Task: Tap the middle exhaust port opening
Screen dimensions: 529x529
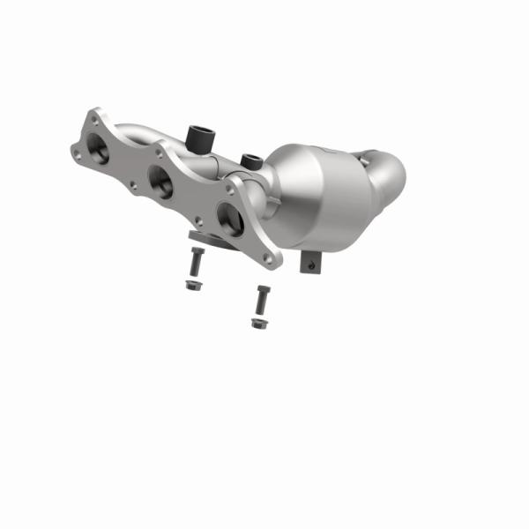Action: click(162, 183)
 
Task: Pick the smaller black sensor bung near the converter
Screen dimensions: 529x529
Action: click(250, 161)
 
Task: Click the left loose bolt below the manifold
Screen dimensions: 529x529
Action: click(194, 262)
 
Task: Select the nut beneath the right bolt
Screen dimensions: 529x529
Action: click(258, 324)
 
